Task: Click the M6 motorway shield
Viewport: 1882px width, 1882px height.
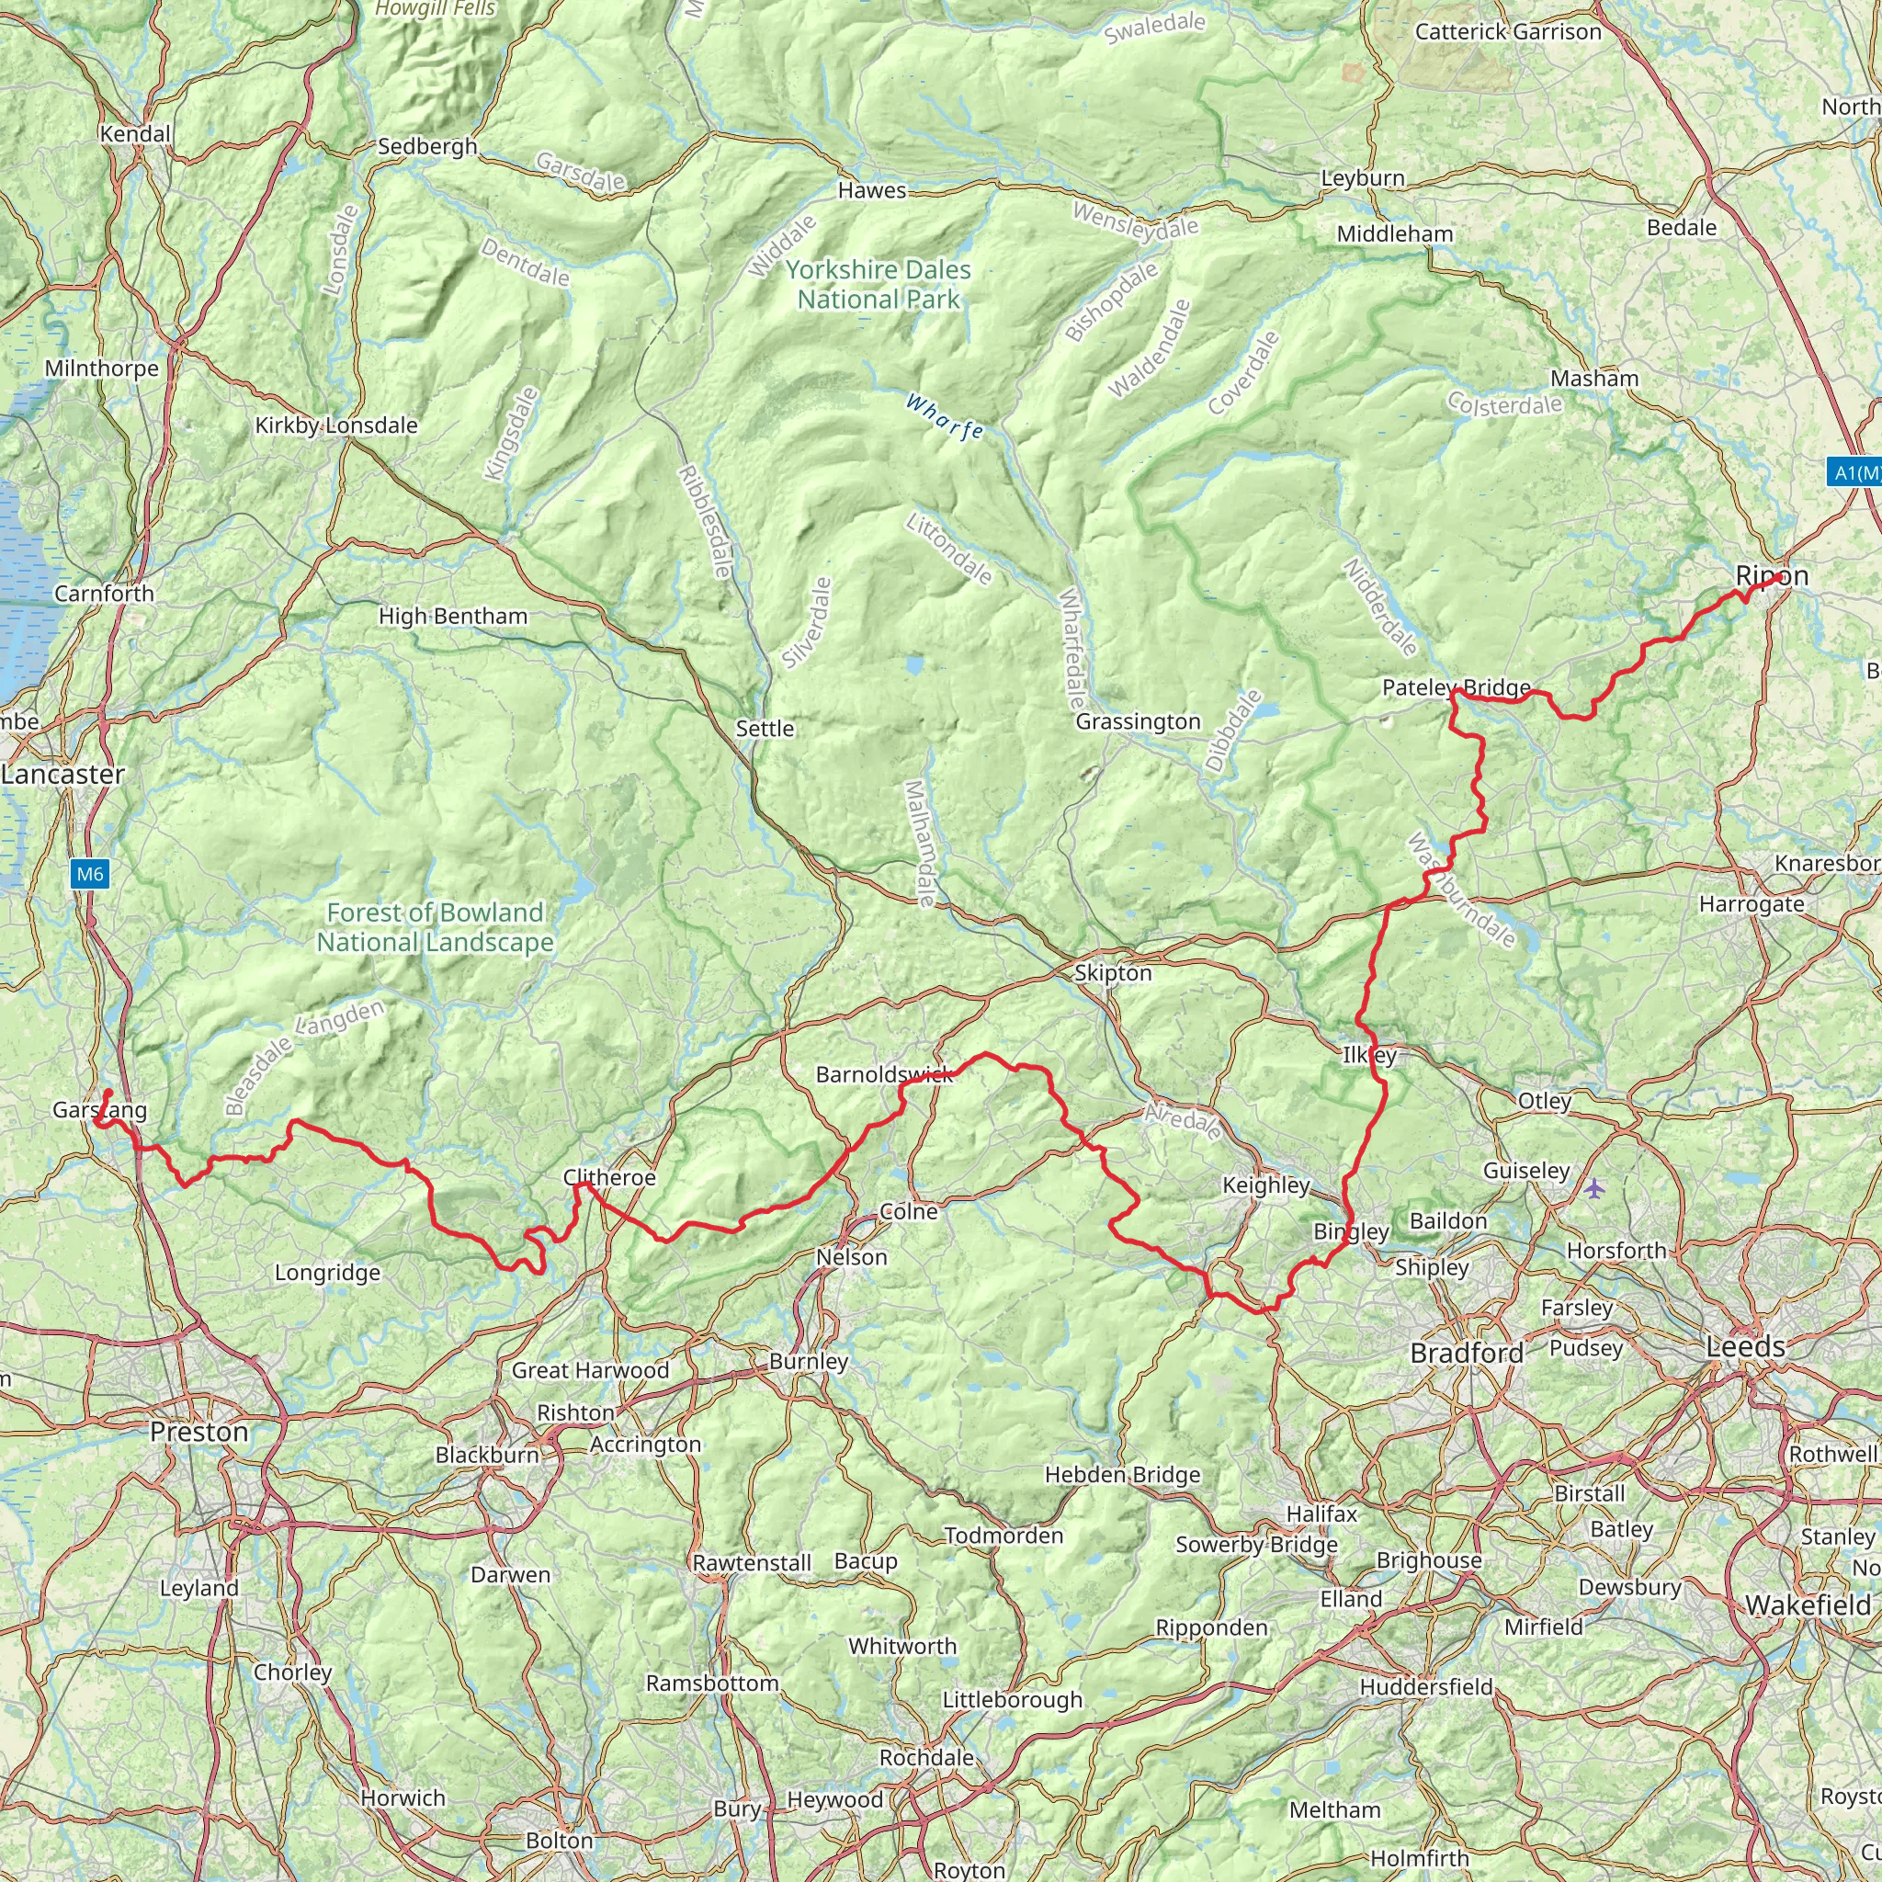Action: click(x=90, y=874)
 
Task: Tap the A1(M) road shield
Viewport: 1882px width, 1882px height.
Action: click(x=1854, y=472)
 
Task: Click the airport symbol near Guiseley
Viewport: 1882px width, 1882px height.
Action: click(x=1593, y=1187)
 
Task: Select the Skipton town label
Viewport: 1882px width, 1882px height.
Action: click(x=1113, y=973)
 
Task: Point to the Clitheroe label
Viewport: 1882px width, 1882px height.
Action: click(x=610, y=1178)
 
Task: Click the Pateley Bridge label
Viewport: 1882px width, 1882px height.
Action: click(x=1457, y=687)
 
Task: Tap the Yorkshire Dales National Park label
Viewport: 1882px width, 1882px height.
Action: click(x=879, y=285)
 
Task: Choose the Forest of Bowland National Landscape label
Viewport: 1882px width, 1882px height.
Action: click(x=435, y=927)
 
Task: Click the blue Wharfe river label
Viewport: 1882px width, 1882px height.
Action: click(x=943, y=417)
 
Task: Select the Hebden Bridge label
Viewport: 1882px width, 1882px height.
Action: click(x=1122, y=1475)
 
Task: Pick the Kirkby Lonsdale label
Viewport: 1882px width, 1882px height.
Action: click(x=336, y=425)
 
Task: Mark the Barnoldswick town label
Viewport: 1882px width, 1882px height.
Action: click(x=885, y=1074)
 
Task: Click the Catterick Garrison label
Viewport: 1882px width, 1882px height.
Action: click(x=1507, y=32)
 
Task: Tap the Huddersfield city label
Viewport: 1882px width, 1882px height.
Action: click(x=1426, y=1687)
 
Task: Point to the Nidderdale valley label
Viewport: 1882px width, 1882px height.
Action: click(x=1380, y=607)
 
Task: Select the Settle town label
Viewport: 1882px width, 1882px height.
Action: click(x=765, y=729)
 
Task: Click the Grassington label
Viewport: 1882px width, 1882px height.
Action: click(x=1138, y=721)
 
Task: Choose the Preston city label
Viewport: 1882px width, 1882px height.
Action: click(x=198, y=1432)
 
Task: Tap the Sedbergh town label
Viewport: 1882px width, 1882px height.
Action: click(x=427, y=147)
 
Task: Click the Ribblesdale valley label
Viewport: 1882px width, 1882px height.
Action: click(x=705, y=521)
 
